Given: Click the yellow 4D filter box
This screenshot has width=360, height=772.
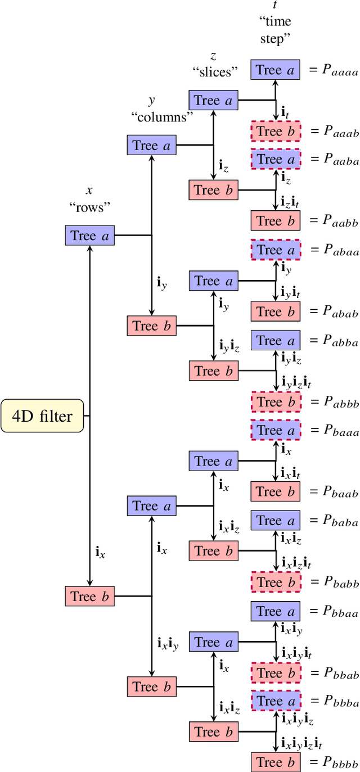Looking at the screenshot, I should click(x=42, y=416).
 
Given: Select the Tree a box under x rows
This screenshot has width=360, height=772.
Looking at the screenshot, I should click(x=90, y=236).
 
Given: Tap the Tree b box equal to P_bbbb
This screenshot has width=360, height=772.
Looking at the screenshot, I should click(x=276, y=762).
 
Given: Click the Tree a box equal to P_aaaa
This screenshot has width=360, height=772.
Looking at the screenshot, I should click(x=276, y=70).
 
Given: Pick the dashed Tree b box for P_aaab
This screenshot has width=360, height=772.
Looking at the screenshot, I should click(x=276, y=132).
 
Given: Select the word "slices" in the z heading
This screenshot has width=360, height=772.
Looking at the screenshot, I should click(x=215, y=72).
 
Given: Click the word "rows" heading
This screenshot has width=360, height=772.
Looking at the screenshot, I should click(x=90, y=207).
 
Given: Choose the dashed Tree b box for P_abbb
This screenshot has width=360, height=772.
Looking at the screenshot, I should click(x=276, y=402).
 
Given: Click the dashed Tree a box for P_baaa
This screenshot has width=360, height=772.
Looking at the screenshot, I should click(x=276, y=431).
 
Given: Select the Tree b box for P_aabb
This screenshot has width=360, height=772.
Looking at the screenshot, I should click(x=276, y=222).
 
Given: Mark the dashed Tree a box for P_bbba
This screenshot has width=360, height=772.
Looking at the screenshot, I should click(x=276, y=701).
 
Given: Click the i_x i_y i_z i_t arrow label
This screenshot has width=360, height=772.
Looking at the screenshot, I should click(x=301, y=743).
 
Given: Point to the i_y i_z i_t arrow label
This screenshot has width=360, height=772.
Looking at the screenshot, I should click(x=296, y=382).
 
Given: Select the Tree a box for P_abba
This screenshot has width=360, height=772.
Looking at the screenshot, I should click(x=276, y=341).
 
